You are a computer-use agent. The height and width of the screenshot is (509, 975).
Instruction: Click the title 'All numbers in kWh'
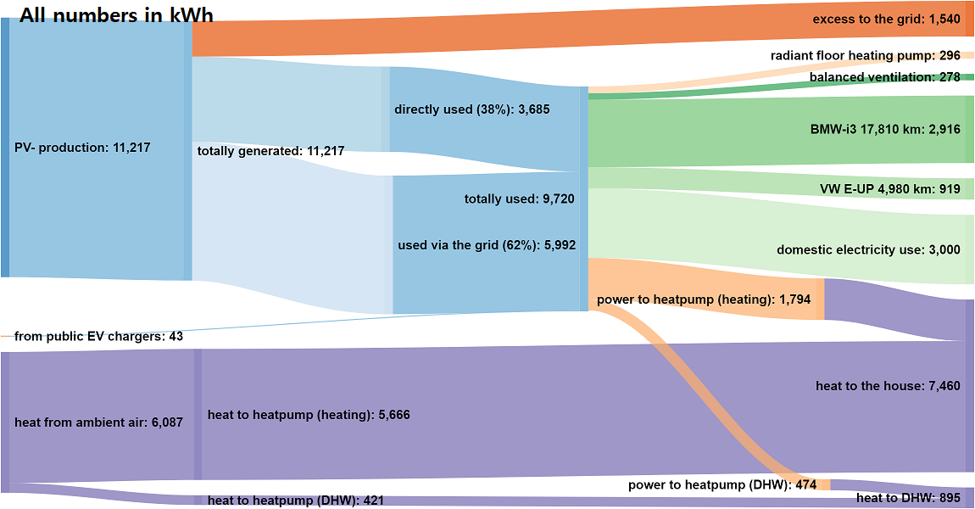coord(116,15)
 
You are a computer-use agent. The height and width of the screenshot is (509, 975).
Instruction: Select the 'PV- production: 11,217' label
coord(82,148)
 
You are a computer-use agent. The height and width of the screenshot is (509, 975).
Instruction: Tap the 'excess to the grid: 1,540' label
coord(886,19)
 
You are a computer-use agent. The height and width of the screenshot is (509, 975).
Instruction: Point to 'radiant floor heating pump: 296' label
coord(865,56)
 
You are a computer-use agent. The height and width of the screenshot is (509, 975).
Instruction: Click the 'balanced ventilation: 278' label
coord(884,77)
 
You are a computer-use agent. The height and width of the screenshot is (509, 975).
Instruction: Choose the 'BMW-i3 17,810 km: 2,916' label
coord(885,130)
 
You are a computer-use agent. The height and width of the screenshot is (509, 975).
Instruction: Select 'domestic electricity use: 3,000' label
coord(868,249)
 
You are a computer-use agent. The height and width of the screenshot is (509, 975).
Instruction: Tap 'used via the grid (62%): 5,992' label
coord(487,245)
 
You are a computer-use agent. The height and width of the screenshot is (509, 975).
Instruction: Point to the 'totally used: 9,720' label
coord(519,199)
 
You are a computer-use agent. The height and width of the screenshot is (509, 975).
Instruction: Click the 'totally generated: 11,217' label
coord(270,151)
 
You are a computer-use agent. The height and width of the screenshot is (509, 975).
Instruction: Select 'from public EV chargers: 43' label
coord(98,337)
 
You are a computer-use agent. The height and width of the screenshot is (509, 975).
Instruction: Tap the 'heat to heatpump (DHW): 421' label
coord(296,501)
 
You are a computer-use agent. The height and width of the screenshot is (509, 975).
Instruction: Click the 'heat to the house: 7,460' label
coord(888,386)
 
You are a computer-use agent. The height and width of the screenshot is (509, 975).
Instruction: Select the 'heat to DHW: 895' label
coord(908,498)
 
